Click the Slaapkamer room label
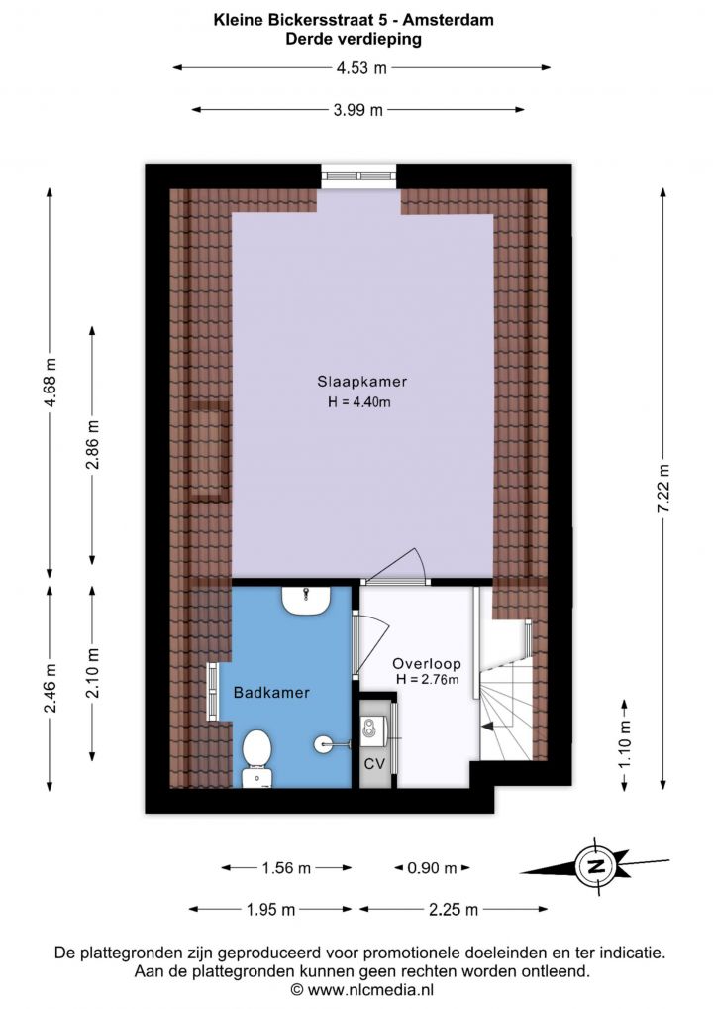pos(362,381)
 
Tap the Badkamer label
pos(271,693)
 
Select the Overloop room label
pos(427,663)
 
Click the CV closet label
pos(374,764)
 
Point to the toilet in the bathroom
pos(257,758)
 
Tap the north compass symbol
pos(595,866)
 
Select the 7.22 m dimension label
pos(662,489)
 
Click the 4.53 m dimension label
pos(361,67)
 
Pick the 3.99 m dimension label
pos(358,110)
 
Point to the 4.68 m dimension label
pos(51,381)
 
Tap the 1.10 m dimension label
pos(624,744)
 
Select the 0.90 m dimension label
pos(432,868)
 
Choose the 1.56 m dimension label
pos(286,868)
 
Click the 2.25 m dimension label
pos(454,909)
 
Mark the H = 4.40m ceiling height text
pos(359,402)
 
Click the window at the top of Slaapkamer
pos(358,175)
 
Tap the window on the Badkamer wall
pos(214,692)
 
